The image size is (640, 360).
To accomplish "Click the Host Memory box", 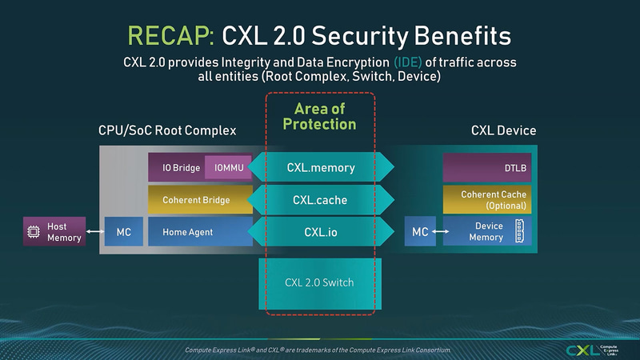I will (x=53, y=232).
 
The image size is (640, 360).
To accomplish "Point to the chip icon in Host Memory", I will (x=34, y=232).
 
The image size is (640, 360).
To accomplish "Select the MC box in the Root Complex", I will (x=123, y=232).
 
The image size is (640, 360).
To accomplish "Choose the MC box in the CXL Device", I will (x=420, y=232).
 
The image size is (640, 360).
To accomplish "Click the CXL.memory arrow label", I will (x=320, y=168).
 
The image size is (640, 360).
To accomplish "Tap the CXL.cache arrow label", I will (x=320, y=200).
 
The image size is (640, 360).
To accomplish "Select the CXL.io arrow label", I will (x=320, y=232).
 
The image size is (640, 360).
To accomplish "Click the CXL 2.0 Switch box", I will (x=320, y=282).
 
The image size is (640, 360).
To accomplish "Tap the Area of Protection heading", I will (x=320, y=116).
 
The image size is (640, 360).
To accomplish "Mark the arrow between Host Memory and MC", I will (x=94, y=232).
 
